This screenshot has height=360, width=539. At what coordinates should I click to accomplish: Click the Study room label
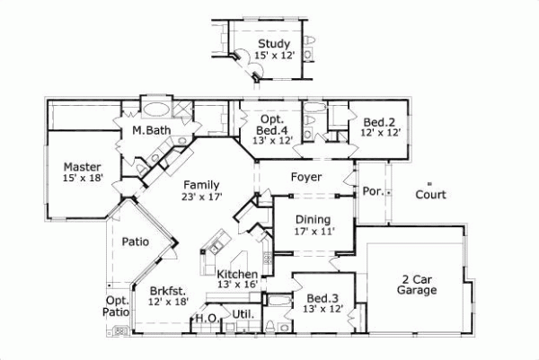[273, 43]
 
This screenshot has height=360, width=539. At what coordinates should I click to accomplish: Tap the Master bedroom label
[82, 167]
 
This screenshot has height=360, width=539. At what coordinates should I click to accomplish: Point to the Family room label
[202, 185]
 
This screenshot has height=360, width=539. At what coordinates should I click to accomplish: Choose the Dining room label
[312, 219]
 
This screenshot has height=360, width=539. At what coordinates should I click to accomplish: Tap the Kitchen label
[238, 274]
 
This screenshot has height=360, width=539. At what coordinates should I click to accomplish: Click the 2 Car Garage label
[418, 285]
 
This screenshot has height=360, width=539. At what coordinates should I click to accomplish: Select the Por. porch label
[373, 192]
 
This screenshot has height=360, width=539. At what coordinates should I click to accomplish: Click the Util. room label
[241, 314]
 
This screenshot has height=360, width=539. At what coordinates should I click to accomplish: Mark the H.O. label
[206, 318]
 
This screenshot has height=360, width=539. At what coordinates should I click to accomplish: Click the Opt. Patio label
[117, 305]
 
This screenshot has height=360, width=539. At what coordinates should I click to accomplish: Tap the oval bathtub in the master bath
[156, 111]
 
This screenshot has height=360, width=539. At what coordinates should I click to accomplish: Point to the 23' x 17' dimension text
[201, 197]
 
